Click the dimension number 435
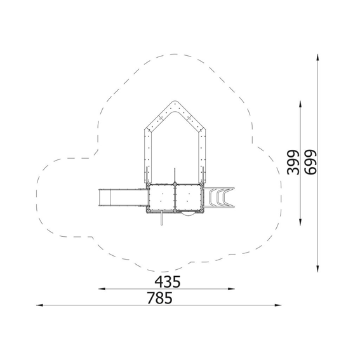[168, 282]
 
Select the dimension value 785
[159, 298]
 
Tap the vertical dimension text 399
[293, 163]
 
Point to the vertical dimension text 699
[310, 163]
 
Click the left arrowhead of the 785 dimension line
[39, 305]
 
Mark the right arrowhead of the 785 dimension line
[278, 305]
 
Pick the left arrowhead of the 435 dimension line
[102, 289]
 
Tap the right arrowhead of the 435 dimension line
[231, 289]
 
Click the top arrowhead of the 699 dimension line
[317, 57]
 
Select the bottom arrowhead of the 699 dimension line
[317, 269]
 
